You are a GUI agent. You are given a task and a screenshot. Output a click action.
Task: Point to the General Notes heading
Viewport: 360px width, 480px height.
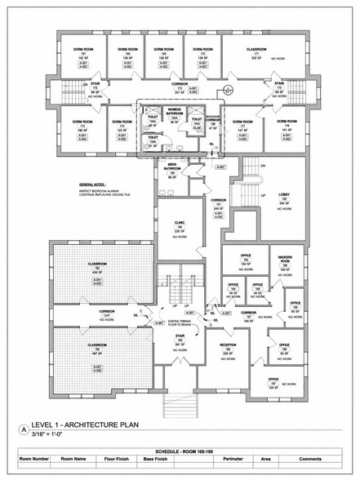91,186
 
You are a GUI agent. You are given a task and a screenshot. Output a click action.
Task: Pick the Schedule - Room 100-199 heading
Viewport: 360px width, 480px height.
180,451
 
